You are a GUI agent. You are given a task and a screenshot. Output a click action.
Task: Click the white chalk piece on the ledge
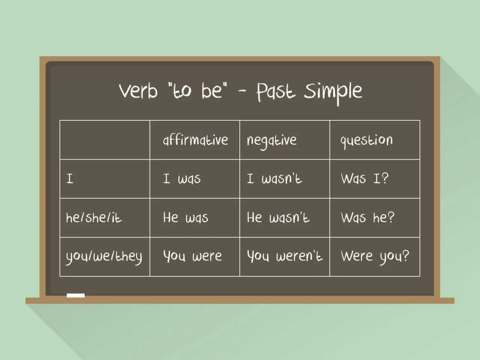76,296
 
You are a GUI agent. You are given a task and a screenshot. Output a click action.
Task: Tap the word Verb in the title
138,90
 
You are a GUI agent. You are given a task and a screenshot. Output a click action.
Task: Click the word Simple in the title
333,93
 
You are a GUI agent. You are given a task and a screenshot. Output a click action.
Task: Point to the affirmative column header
195,140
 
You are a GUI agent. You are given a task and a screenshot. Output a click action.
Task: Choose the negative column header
271,141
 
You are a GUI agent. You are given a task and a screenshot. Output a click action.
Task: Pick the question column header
366,141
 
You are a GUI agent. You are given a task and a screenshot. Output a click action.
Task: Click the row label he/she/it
94,217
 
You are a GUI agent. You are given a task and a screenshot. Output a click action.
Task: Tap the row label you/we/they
104,257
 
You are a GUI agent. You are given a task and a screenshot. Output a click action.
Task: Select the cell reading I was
182,178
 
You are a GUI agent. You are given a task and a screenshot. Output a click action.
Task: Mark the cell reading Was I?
364,178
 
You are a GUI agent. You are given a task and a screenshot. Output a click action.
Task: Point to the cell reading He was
186,217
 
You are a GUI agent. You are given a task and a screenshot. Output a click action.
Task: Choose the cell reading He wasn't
278,217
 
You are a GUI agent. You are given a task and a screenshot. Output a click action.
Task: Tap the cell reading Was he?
367,217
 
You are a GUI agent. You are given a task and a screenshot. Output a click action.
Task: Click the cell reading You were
193,256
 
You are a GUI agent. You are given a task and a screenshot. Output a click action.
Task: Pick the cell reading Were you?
375,257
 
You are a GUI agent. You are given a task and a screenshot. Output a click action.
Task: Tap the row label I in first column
70,179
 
